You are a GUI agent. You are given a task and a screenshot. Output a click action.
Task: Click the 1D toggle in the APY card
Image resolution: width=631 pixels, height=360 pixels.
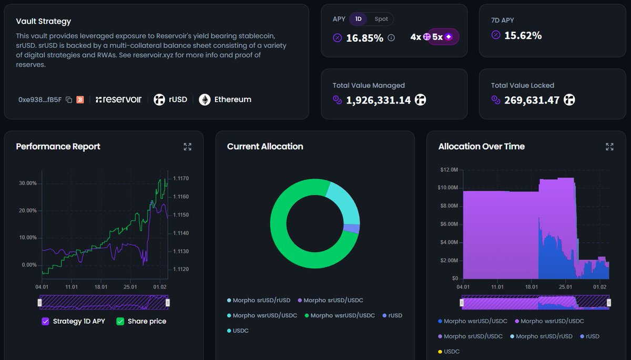pyautogui.click(x=358, y=19)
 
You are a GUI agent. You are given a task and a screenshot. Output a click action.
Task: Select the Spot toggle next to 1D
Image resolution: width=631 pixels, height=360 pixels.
pyautogui.click(x=381, y=19)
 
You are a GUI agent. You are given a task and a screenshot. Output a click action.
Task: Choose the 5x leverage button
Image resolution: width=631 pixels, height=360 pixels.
pyautogui.click(x=442, y=37)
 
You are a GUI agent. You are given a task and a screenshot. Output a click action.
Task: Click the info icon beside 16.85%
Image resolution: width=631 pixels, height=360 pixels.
pyautogui.click(x=391, y=38)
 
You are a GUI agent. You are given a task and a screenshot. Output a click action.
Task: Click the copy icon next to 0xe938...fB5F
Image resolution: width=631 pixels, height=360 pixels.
pyautogui.click(x=69, y=100)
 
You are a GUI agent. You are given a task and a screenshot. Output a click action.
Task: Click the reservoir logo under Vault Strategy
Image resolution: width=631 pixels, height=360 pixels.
pyautogui.click(x=118, y=99)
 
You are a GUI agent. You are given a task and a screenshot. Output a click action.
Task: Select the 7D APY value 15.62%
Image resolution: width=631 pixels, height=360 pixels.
pyautogui.click(x=523, y=35)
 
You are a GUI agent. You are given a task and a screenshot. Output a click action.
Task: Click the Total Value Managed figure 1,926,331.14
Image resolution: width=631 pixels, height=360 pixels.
pyautogui.click(x=378, y=100)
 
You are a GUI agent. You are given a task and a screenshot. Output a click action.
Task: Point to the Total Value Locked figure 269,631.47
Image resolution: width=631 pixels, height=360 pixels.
pyautogui.click(x=532, y=100)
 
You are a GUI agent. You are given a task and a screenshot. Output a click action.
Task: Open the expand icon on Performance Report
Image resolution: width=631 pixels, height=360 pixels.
pyautogui.click(x=188, y=147)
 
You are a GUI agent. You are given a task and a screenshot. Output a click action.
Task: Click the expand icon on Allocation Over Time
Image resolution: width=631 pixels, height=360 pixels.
pyautogui.click(x=609, y=147)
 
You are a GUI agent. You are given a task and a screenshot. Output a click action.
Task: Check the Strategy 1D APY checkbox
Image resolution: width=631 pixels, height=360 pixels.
pyautogui.click(x=45, y=321)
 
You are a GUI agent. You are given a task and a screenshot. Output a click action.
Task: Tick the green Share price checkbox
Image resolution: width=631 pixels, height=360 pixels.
pyautogui.click(x=120, y=321)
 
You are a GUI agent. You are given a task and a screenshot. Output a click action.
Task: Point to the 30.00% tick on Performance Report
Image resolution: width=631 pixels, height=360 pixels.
pyautogui.click(x=27, y=183)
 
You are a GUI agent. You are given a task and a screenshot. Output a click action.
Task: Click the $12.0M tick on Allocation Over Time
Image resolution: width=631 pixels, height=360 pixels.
pyautogui.click(x=448, y=169)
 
